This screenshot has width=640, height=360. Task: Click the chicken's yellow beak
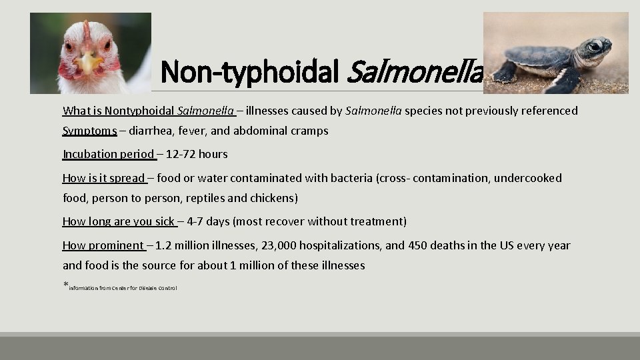87,63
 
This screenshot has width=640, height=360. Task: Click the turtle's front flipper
568,79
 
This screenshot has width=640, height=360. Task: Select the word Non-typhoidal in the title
251,71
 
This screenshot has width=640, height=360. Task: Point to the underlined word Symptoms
89,131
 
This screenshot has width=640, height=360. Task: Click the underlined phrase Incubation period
108,154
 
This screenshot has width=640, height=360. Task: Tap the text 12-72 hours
197,154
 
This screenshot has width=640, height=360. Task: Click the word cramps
309,131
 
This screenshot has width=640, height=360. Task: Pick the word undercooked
529,178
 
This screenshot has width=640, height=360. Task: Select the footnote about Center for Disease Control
123,288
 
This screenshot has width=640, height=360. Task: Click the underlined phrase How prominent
103,245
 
